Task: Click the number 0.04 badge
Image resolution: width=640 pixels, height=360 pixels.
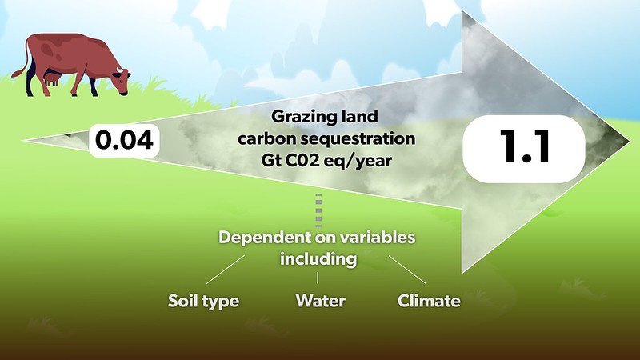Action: click(x=125, y=139)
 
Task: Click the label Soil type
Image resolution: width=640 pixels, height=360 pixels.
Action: click(x=203, y=302)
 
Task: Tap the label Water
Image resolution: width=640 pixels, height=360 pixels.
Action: click(x=320, y=302)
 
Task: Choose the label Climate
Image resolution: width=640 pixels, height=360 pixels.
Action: click(x=429, y=302)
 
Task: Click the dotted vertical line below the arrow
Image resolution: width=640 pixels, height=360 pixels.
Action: click(x=318, y=210)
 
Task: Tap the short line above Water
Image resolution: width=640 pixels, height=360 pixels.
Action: click(x=318, y=278)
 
